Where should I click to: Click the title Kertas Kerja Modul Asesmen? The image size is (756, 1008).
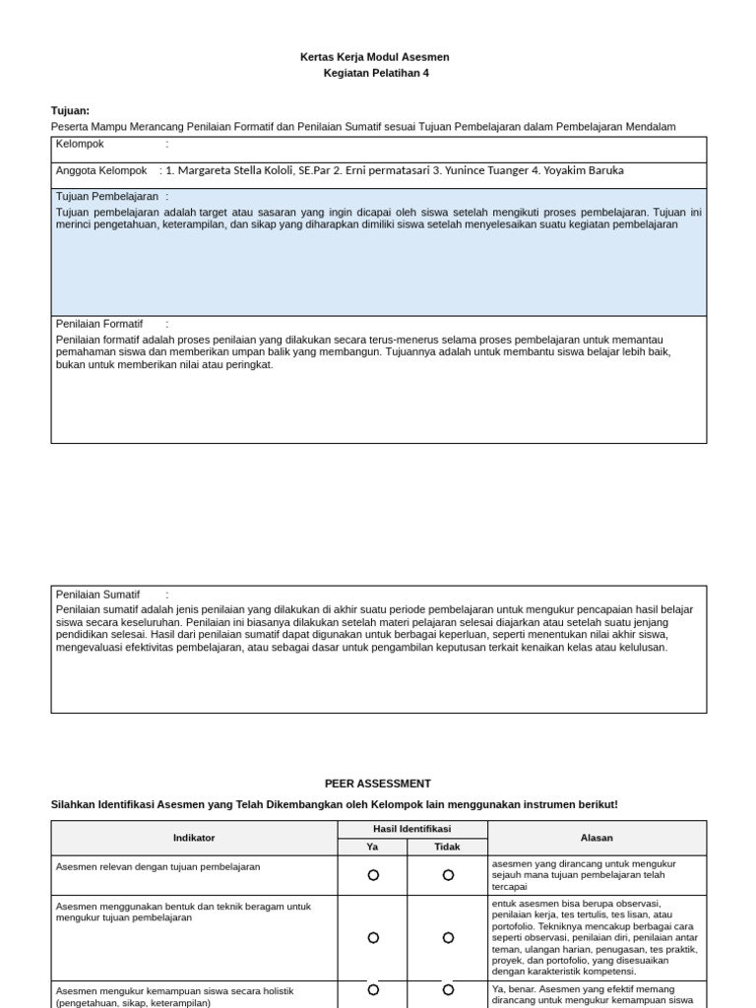coord(374,57)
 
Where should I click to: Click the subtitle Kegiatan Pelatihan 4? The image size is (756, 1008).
coord(376,73)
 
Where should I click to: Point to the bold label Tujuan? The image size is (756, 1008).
coord(70,111)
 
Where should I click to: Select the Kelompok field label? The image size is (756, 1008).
coord(80,144)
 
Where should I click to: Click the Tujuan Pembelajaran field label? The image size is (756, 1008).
coord(107,197)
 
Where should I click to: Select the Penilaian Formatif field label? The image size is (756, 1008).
coord(99,324)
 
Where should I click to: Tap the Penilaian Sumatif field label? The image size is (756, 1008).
coord(98,595)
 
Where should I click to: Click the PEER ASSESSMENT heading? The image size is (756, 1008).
coord(378,784)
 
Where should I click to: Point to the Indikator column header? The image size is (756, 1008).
coord(194,838)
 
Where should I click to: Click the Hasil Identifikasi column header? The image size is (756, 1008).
coord(411,829)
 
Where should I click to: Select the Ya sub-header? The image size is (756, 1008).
coord(372,847)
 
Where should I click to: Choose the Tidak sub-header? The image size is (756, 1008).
coord(447,847)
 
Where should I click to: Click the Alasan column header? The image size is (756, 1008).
coord(597,838)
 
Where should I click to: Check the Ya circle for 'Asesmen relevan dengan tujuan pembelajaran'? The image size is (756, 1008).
coord(373,875)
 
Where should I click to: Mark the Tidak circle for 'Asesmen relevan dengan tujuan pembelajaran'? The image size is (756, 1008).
coord(448,875)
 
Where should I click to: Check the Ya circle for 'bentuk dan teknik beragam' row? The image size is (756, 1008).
coord(373,938)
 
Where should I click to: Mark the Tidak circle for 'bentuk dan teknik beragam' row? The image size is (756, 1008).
coord(448,938)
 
